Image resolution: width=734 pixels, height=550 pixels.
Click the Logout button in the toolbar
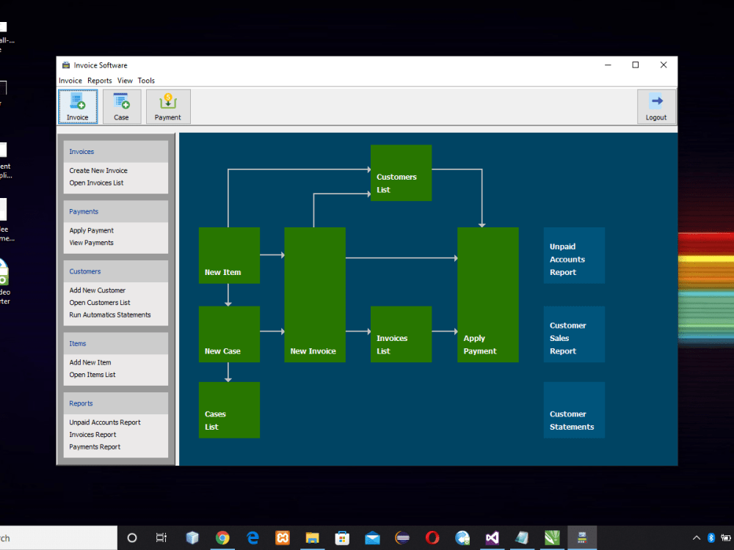tap(656, 107)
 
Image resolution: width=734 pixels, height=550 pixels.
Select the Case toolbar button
tap(122, 107)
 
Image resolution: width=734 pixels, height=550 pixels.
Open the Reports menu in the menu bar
tap(100, 81)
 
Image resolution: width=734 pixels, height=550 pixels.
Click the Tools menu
tap(146, 81)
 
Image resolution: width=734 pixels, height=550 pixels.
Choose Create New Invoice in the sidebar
tap(98, 171)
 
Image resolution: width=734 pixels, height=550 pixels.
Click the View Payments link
tap(92, 243)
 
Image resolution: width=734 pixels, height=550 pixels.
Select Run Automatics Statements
tap(110, 315)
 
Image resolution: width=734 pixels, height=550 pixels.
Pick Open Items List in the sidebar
tap(92, 375)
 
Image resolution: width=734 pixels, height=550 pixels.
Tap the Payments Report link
tap(95, 447)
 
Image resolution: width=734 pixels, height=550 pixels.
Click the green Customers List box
tap(401, 173)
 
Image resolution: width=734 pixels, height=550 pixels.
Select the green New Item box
tap(229, 255)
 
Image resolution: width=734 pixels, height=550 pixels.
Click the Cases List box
tap(229, 410)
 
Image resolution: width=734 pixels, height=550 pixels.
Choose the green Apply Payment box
tap(487, 295)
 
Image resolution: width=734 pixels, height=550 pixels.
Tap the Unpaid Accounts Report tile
tap(574, 255)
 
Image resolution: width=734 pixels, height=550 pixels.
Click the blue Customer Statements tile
tap(574, 410)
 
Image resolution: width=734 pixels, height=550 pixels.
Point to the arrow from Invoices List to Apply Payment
tap(444, 332)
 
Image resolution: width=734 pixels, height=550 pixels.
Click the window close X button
tap(664, 65)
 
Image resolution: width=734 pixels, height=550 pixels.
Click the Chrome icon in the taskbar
tap(222, 538)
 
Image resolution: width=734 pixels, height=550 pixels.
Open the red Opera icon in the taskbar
tap(432, 538)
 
